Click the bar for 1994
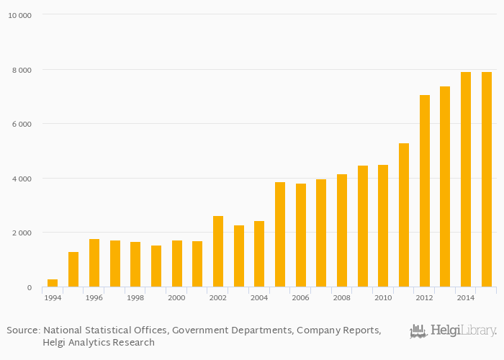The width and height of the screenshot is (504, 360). click(x=53, y=283)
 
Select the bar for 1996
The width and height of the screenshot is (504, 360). click(x=94, y=263)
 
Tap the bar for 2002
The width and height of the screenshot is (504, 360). click(x=218, y=251)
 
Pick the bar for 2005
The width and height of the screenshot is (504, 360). click(x=280, y=235)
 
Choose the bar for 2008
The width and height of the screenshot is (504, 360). click(x=342, y=230)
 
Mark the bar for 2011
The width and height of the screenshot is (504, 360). click(x=404, y=215)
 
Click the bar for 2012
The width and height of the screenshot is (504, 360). click(x=425, y=191)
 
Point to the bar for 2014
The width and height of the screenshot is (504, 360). click(x=466, y=179)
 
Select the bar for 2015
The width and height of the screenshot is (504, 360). click(x=487, y=179)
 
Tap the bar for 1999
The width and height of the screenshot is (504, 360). click(x=156, y=266)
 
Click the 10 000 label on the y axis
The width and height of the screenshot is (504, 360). click(x=19, y=15)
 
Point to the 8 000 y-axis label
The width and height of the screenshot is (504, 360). click(x=22, y=70)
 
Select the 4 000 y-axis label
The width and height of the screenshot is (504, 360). click(x=22, y=179)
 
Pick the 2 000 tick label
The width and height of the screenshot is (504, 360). click(x=22, y=233)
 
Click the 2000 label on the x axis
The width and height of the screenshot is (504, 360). click(x=176, y=297)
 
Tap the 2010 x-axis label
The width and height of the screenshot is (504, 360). click(x=383, y=297)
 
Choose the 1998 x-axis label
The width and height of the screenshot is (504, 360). click(x=135, y=297)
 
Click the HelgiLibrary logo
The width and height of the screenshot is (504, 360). click(x=453, y=331)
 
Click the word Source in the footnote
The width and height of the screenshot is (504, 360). click(x=22, y=330)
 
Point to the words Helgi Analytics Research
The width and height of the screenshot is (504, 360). click(x=99, y=343)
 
